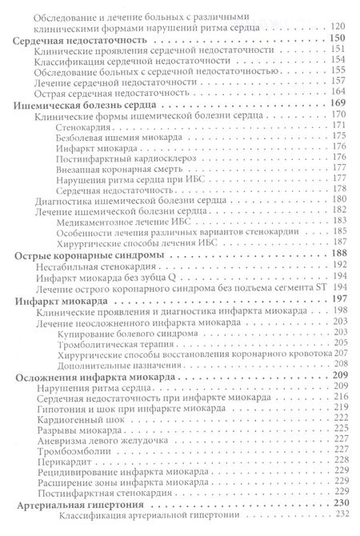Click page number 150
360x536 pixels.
click(334, 39)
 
